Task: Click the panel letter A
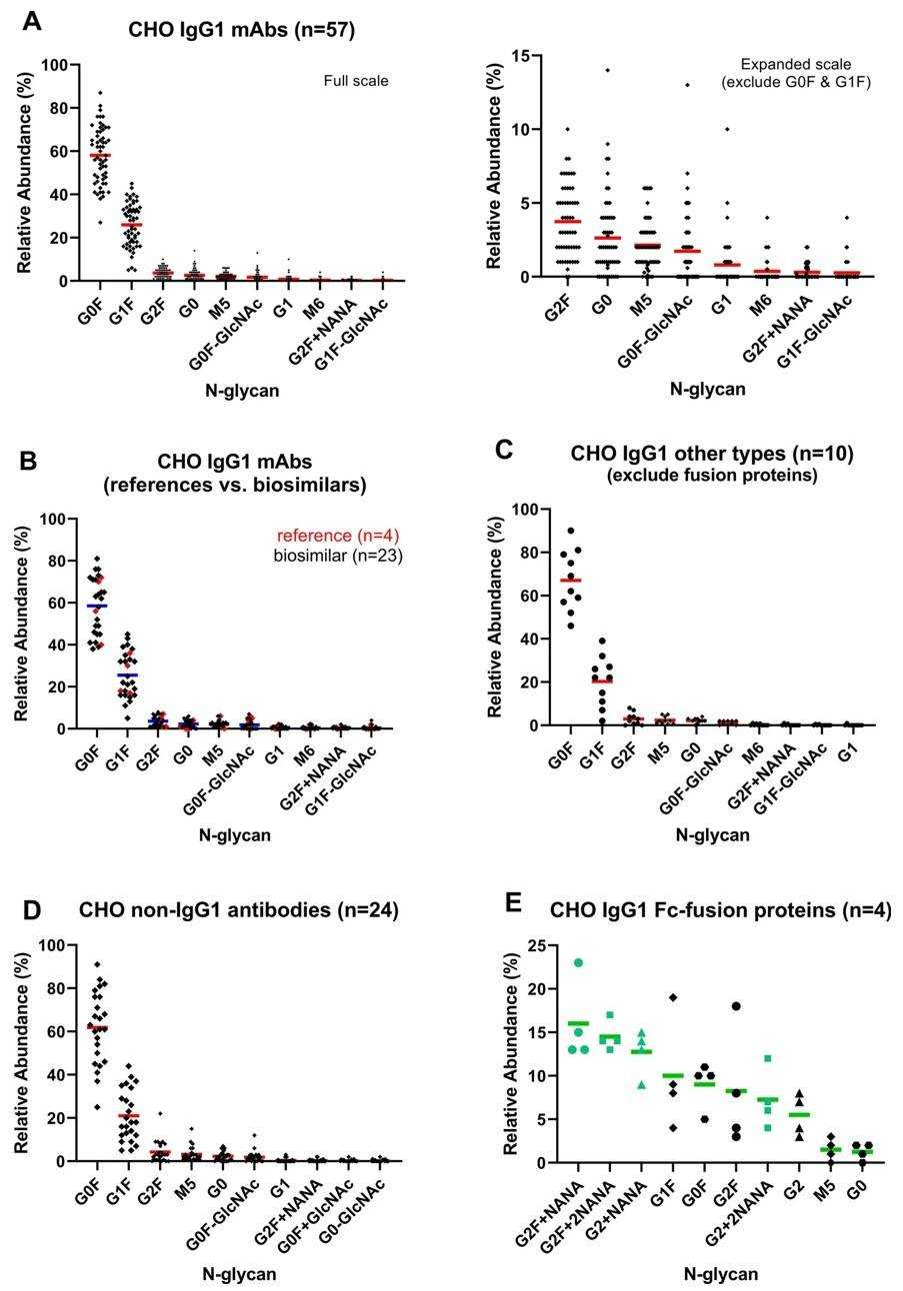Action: [32, 20]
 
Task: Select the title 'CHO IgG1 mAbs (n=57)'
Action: [241, 30]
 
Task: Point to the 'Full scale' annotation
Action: [355, 81]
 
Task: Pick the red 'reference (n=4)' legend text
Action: [349, 536]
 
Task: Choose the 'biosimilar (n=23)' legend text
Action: [338, 556]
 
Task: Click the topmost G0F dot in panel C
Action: [571, 531]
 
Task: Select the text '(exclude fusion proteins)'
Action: [712, 476]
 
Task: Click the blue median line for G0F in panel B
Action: [97, 606]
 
